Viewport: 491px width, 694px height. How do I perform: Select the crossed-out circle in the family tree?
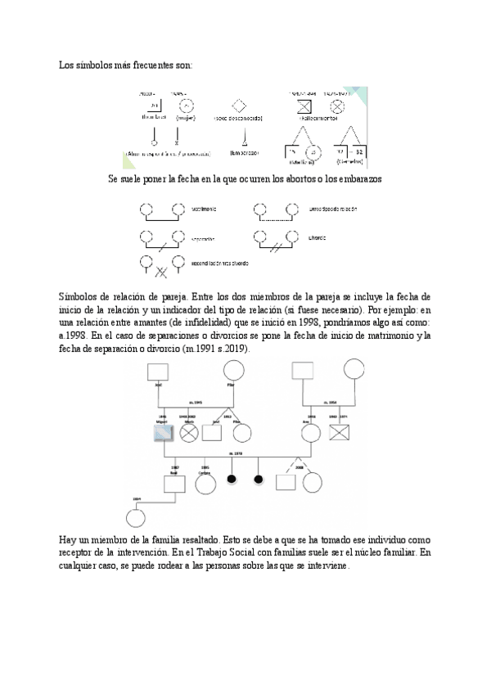(x=190, y=434)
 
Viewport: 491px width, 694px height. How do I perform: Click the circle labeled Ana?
(x=311, y=434)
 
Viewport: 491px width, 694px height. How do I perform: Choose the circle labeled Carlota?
(x=205, y=483)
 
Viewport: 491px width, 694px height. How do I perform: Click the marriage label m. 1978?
(x=237, y=453)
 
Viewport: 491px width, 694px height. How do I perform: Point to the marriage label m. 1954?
(x=332, y=402)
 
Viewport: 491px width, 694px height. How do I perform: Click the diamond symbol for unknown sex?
(x=239, y=106)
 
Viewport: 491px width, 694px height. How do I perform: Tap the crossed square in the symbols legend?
(x=303, y=106)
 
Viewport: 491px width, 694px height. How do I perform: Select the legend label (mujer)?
(x=186, y=118)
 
